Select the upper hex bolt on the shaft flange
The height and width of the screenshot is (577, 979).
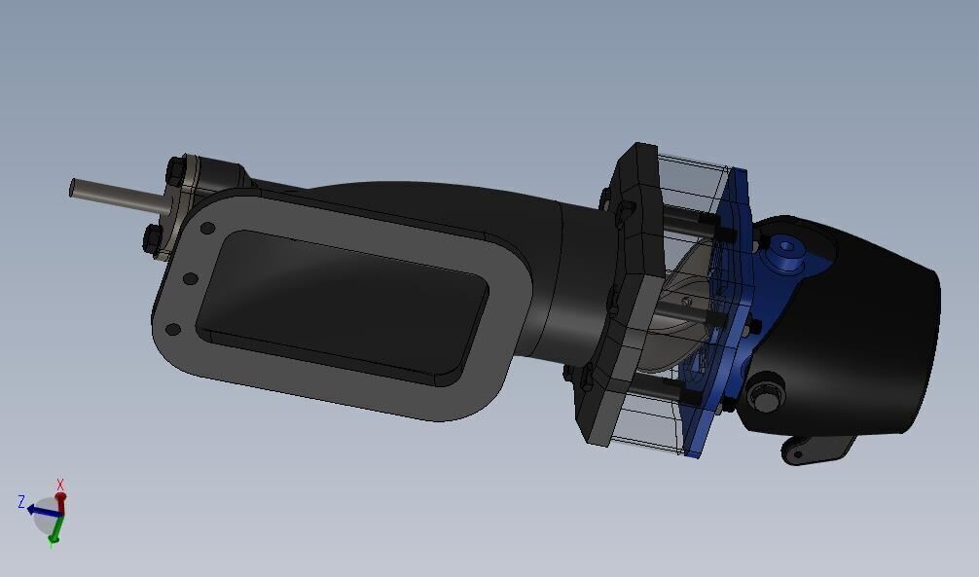(x=175, y=171)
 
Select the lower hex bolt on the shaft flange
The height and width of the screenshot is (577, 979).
(x=152, y=239)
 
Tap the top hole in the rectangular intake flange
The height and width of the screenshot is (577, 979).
(x=206, y=229)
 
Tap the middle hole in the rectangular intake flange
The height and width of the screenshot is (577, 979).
(x=190, y=279)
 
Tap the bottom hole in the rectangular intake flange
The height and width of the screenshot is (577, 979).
(x=173, y=329)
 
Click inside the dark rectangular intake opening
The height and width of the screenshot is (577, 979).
(x=341, y=302)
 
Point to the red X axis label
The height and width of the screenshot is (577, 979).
(x=60, y=485)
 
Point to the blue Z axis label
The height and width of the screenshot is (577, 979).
(x=21, y=502)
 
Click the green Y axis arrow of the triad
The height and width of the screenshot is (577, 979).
(x=55, y=531)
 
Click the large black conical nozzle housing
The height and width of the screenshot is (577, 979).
(x=866, y=321)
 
